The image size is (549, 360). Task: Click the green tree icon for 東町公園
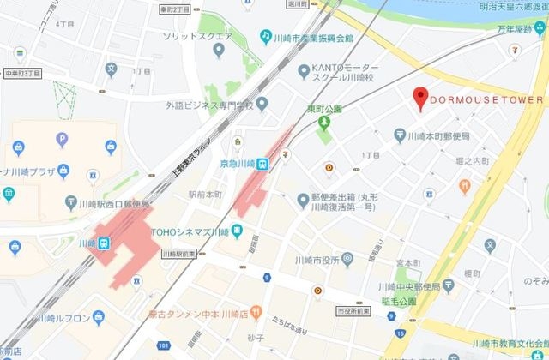(x=323, y=125)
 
